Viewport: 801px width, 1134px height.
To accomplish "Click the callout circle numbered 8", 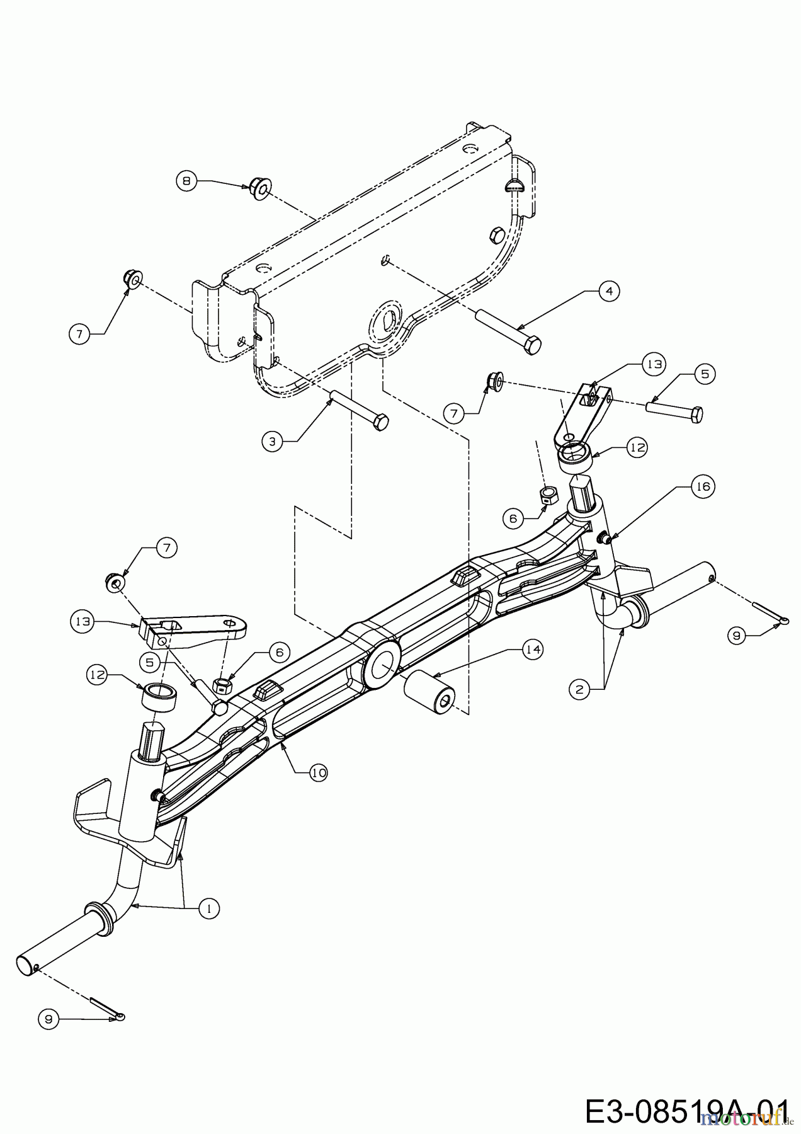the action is click(x=186, y=181).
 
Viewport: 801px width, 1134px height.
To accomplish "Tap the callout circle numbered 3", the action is click(x=272, y=441).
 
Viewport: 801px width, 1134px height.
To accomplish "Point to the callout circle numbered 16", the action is click(x=703, y=486).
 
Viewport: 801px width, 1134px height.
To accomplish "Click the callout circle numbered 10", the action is click(x=319, y=772).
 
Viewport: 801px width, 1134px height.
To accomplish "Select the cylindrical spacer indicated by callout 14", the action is click(x=430, y=693).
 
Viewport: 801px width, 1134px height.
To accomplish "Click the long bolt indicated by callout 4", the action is click(x=508, y=328).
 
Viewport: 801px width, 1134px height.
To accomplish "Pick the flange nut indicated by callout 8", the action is click(x=259, y=187).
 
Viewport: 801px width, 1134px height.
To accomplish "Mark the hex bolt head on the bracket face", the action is click(x=496, y=235).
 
